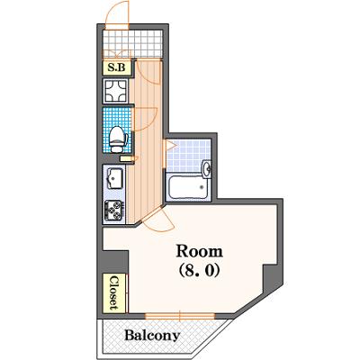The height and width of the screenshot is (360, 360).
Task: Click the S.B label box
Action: click(117, 67)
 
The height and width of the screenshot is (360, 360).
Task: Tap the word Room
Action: click(200, 251)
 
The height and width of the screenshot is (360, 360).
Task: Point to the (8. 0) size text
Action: click(200, 270)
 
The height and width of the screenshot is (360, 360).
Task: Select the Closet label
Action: click(114, 293)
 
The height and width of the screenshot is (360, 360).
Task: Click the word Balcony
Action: click(152, 336)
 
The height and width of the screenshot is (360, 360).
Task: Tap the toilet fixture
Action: click(118, 139)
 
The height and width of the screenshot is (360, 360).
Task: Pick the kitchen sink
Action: click(114, 178)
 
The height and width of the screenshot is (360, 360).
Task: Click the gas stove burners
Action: click(113, 210)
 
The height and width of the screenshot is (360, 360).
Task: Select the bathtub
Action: click(188, 187)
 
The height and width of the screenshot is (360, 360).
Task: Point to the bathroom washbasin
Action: click(206, 169)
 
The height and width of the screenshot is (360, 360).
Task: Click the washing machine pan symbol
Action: click(115, 91)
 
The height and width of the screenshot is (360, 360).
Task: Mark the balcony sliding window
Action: click(180, 316)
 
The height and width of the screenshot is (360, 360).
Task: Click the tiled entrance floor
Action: click(132, 43)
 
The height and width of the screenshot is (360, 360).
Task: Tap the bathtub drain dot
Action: click(202, 187)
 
